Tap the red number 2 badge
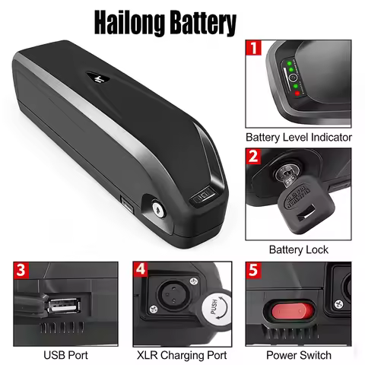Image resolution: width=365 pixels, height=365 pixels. pyautogui.click(x=253, y=157)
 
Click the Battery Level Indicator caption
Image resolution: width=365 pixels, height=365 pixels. pyautogui.click(x=299, y=138)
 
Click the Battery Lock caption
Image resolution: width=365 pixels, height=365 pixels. pyautogui.click(x=299, y=249)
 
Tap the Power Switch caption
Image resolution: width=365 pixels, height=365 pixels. pyautogui.click(x=298, y=354)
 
